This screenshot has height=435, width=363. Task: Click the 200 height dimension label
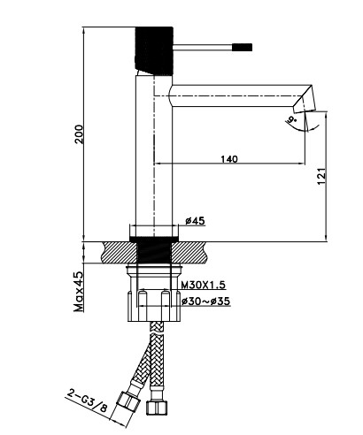(x=79, y=134)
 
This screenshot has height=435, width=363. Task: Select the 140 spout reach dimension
(x=229, y=159)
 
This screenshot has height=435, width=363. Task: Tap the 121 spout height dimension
(x=321, y=177)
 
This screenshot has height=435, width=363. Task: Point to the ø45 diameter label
(x=195, y=221)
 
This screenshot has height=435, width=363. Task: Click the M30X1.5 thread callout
(x=203, y=285)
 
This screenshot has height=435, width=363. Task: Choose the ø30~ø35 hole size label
(x=205, y=301)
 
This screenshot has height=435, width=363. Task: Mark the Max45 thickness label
(x=79, y=292)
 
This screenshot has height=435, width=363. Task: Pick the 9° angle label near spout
(x=292, y=119)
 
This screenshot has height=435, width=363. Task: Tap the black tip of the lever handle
(x=243, y=48)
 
